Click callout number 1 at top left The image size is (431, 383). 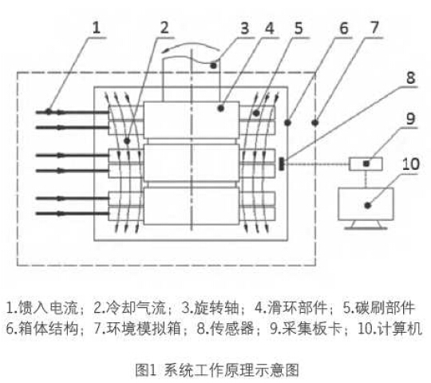click(96, 28)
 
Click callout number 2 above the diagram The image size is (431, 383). click(164, 28)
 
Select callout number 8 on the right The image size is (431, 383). click(410, 77)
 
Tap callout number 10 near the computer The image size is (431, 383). click(411, 164)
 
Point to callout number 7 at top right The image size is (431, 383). click(374, 28)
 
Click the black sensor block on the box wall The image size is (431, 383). click(282, 164)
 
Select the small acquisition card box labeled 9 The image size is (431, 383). click(366, 164)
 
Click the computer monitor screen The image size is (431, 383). click(366, 203)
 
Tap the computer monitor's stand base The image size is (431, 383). click(366, 228)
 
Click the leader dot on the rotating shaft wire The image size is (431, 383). click(213, 65)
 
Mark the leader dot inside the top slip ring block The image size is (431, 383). click(221, 109)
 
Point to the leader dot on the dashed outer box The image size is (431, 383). click(315, 123)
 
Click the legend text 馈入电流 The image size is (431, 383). click(48, 308)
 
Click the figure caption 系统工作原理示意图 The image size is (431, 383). click(231, 370)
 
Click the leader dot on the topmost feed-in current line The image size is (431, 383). click(49, 112)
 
